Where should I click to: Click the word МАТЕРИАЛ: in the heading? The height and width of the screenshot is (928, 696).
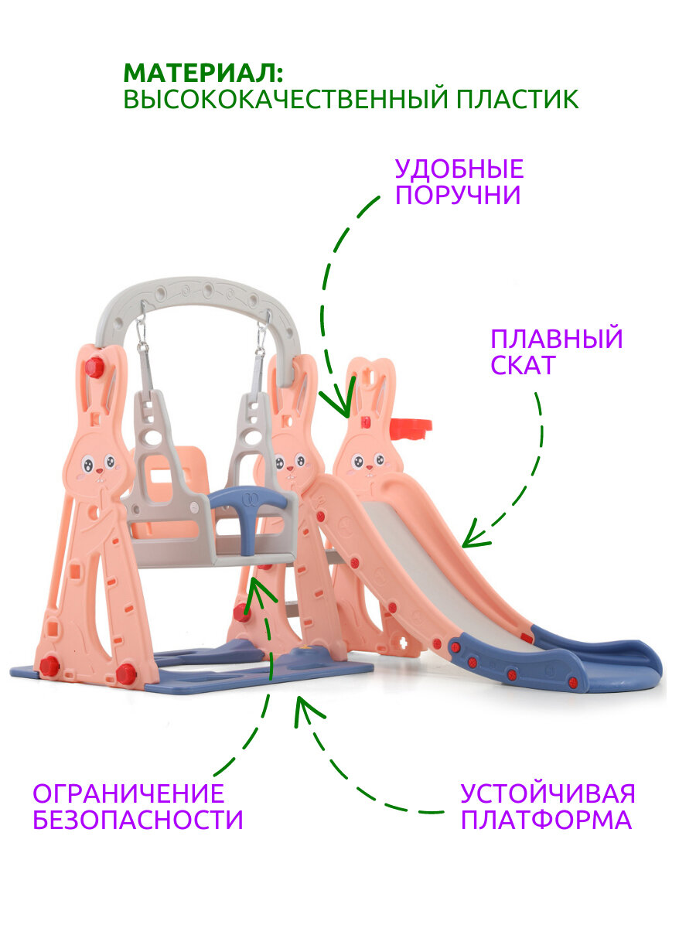203,73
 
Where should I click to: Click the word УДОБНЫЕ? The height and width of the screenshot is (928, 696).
459,169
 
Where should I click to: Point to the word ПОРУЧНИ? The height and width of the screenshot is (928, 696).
458,195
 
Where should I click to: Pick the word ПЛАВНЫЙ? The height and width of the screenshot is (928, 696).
557,339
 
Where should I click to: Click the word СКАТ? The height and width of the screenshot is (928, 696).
523,365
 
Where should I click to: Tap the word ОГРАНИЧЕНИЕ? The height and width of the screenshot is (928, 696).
128,793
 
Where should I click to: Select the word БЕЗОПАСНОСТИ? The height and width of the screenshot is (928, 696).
138,820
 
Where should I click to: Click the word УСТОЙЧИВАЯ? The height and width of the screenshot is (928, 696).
548,793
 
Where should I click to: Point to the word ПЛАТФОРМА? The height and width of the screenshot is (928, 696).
546,820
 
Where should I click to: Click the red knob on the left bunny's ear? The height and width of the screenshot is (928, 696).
94,367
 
